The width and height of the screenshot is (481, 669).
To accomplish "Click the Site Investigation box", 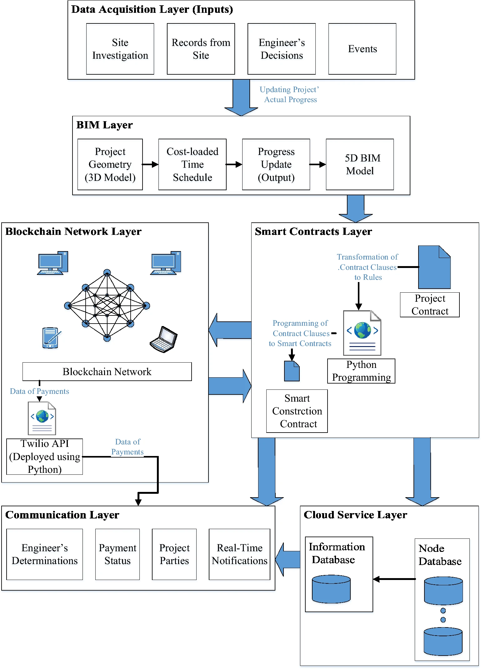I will click(120, 49).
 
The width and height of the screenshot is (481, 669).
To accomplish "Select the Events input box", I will click(362, 49).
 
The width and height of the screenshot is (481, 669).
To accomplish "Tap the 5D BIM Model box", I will click(360, 164).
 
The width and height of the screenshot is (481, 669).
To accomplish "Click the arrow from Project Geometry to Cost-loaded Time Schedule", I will click(150, 164).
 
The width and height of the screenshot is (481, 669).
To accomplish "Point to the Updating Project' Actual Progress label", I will click(290, 94).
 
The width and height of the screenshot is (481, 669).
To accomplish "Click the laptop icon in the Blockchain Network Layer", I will click(163, 339).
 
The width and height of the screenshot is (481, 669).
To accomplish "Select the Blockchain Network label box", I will click(107, 371).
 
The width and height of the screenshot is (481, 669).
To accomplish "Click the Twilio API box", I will click(44, 456).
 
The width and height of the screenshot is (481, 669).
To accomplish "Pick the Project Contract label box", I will click(430, 305).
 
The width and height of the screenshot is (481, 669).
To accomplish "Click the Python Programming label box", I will click(361, 371).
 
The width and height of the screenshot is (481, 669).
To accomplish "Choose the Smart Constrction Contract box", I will click(297, 411).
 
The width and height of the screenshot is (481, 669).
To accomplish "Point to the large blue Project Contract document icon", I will click(434, 267).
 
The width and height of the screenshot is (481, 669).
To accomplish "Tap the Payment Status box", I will click(118, 554).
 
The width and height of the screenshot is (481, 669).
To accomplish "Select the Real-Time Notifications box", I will click(239, 554).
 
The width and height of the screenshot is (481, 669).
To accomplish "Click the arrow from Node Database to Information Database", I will click(394, 579).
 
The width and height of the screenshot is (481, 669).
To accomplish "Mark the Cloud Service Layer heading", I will click(355, 515).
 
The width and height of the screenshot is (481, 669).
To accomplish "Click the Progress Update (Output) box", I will click(276, 164).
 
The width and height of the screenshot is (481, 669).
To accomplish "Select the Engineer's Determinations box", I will click(44, 554).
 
